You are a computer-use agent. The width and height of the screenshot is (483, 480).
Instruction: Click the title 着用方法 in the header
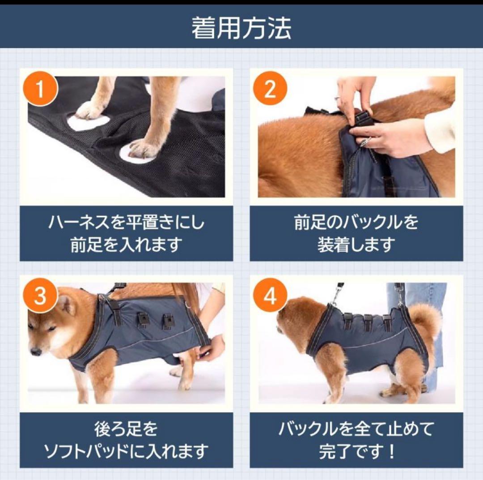241,28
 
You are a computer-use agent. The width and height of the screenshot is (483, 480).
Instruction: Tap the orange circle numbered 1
40,89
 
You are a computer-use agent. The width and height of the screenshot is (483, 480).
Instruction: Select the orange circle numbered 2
270,89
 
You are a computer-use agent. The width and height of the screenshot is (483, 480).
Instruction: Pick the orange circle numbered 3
40,296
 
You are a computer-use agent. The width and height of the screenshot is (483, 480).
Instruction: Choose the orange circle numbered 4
270,296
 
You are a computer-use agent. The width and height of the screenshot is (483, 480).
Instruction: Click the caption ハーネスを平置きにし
126,223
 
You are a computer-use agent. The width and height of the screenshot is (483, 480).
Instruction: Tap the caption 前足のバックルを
356,223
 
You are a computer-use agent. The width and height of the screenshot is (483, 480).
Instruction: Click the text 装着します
356,244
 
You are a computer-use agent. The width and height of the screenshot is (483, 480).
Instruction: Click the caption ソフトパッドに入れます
126,451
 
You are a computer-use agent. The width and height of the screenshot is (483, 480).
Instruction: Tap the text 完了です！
357,451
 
